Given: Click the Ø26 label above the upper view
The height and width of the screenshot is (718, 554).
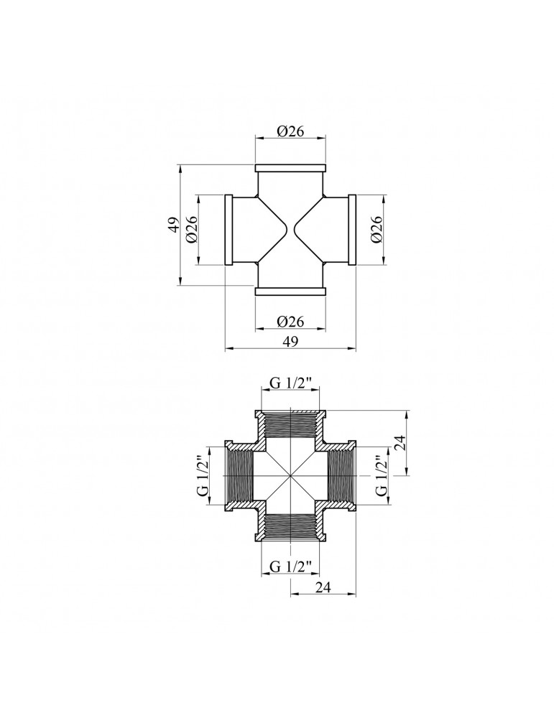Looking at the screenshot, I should [291, 131].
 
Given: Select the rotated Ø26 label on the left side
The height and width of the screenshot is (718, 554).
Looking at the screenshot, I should [192, 230].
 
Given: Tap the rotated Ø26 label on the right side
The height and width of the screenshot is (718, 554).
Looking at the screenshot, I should [377, 230].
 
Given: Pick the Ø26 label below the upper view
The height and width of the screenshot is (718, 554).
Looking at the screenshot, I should [291, 322].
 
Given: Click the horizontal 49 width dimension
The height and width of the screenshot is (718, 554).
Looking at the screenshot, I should [290, 342].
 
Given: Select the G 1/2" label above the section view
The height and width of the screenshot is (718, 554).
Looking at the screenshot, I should [291, 383].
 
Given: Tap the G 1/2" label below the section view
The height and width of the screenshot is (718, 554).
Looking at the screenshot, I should [291, 567].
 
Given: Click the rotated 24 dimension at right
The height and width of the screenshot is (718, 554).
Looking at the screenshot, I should [402, 443].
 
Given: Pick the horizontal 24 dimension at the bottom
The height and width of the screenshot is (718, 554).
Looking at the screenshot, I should [324, 587].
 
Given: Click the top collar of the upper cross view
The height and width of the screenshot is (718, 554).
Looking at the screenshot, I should [291, 168].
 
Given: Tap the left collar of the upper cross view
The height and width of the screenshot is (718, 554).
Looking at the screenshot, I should [229, 230].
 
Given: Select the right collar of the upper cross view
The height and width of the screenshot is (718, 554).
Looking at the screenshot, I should [353, 230].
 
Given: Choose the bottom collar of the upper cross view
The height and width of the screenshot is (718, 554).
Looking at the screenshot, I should [291, 291].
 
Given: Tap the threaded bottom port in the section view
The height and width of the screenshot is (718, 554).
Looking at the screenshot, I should [291, 528].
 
